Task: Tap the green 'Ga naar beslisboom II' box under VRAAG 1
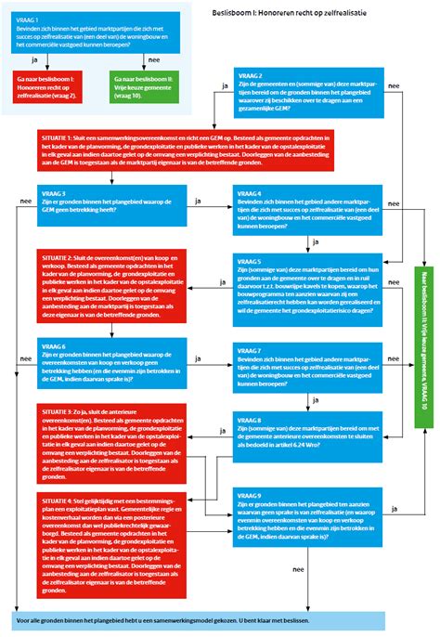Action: pos(144,87)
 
